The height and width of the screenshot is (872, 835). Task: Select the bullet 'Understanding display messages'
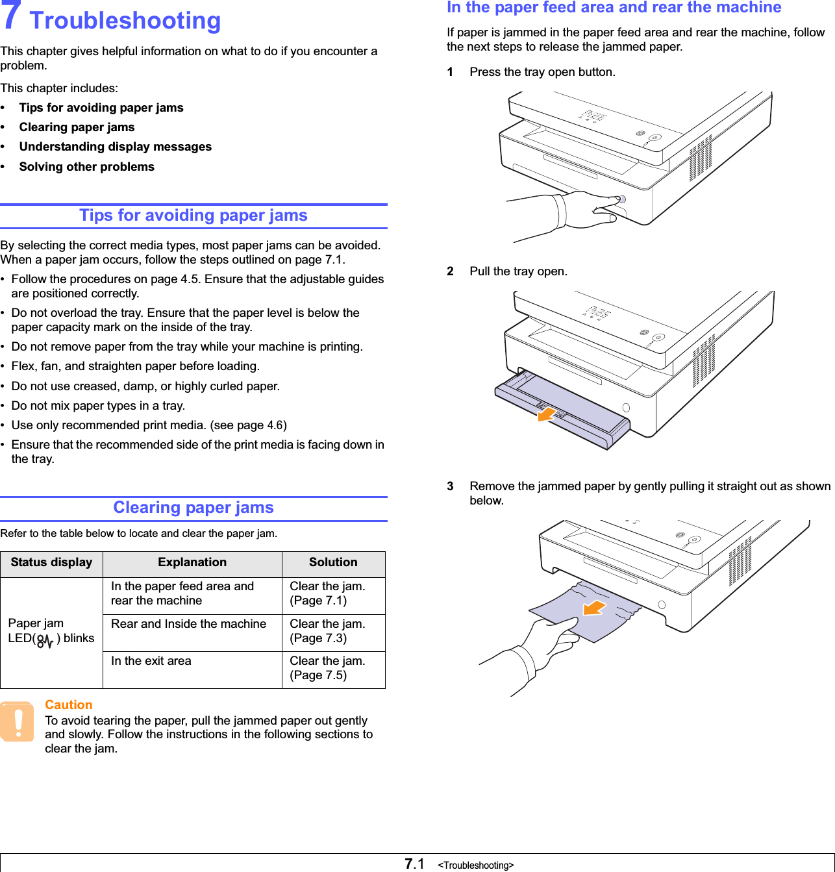click(115, 147)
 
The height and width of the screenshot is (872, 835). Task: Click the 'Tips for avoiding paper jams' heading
click(193, 216)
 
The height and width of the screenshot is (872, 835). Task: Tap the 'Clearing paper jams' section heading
click(193, 508)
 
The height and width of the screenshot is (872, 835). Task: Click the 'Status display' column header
click(51, 562)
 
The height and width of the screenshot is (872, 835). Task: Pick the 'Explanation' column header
click(192, 562)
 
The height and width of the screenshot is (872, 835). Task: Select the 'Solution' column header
click(333, 562)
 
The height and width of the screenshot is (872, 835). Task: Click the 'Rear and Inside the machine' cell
click(188, 624)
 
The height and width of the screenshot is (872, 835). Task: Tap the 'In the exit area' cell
click(151, 661)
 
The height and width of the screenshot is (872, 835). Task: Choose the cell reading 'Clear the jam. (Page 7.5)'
click(327, 668)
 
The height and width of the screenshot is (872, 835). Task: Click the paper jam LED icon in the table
click(45, 641)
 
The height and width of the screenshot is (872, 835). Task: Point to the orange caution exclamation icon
click(18, 721)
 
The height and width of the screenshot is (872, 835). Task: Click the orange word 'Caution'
click(69, 704)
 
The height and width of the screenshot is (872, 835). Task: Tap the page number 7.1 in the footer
click(414, 864)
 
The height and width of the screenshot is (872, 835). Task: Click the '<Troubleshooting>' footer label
click(476, 866)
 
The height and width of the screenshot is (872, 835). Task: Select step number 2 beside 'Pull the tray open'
click(450, 271)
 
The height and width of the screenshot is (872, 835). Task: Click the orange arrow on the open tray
click(547, 413)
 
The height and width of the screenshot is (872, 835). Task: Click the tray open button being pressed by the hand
click(622, 199)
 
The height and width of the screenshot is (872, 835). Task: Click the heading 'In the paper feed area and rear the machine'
click(614, 8)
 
